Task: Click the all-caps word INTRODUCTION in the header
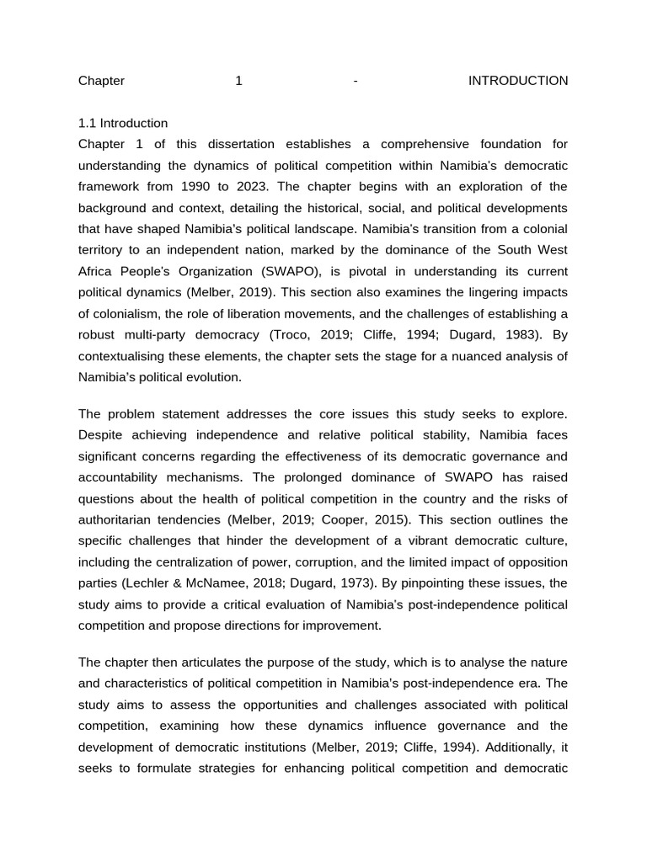[x=517, y=81]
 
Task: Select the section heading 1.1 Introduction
[x=123, y=123]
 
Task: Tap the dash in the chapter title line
[x=356, y=81]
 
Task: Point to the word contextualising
[x=122, y=356]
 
